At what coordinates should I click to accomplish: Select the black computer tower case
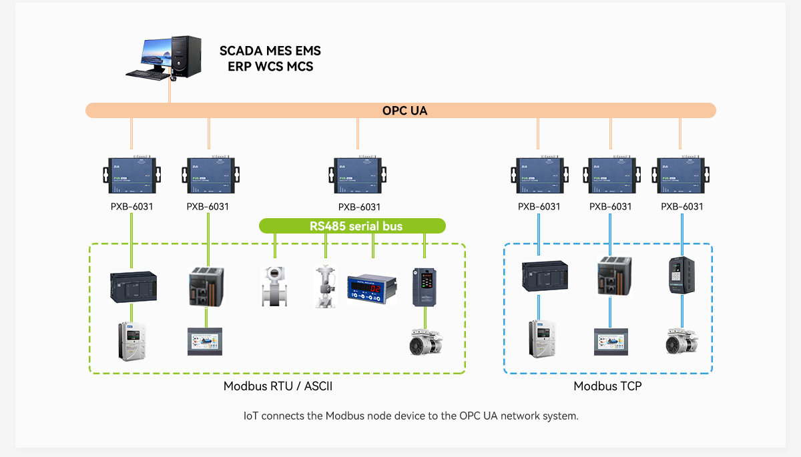coord(186,55)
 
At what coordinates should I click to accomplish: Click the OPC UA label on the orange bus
coord(405,111)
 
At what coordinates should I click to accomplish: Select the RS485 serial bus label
coord(356,226)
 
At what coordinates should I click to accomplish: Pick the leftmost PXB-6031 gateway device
coord(132,175)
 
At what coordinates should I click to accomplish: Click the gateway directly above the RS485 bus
coord(358,175)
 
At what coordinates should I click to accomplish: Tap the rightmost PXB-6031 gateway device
coord(681,175)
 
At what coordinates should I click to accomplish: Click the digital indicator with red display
coord(372,288)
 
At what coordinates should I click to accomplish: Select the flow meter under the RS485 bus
coord(274,287)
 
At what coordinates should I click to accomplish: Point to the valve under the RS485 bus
coord(324,287)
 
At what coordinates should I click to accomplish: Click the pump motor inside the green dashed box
coord(424,341)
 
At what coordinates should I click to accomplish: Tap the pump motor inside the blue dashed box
coord(682,341)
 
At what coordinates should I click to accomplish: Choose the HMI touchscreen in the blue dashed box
coord(611,341)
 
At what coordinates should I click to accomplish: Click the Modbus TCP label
coord(607,386)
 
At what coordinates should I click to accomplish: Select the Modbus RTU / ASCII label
coord(278,386)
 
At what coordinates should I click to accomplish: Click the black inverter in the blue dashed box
coord(682,276)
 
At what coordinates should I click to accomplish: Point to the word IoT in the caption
coord(250,416)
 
